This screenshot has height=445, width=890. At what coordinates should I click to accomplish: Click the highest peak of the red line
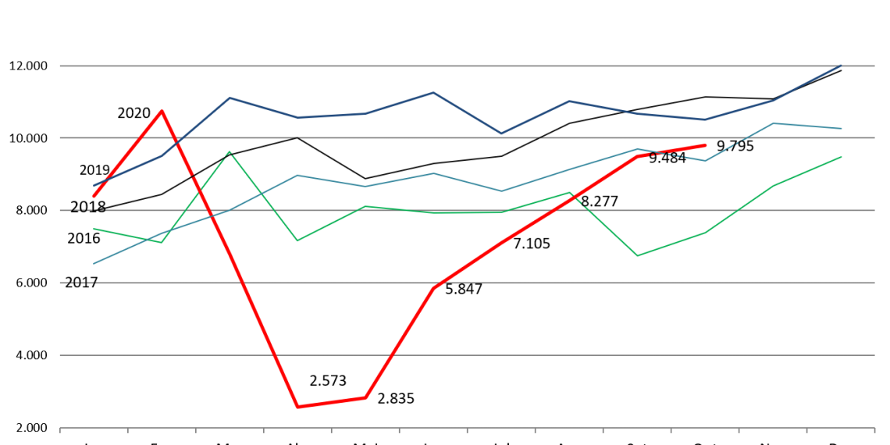click(x=162, y=111)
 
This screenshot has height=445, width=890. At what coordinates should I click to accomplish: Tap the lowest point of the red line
click(x=297, y=407)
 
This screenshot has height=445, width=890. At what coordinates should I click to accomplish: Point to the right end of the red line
click(x=705, y=145)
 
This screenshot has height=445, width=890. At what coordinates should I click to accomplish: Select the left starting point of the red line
click(x=94, y=196)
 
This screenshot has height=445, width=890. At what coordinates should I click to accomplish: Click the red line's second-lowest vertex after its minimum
click(x=365, y=398)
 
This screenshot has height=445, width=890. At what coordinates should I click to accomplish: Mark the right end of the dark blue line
click(x=842, y=66)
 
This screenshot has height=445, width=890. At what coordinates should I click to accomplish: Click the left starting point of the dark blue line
click(x=94, y=185)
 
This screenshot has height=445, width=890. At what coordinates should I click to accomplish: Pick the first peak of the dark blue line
click(x=230, y=98)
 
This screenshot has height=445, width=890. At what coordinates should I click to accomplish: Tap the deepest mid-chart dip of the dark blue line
click(x=501, y=133)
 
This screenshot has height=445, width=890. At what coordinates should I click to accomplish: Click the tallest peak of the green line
click(x=230, y=152)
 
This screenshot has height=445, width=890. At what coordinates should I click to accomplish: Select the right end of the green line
click(x=842, y=157)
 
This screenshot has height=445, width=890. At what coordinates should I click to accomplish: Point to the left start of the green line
click(x=94, y=229)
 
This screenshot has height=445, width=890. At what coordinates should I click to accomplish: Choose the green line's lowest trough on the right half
click(x=637, y=256)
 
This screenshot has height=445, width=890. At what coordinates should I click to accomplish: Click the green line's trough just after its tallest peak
click(x=297, y=240)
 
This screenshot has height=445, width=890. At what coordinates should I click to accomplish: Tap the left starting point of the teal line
click(x=94, y=263)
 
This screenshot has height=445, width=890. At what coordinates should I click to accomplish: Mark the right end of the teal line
click(x=842, y=128)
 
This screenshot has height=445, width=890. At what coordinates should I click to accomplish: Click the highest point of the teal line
click(x=773, y=123)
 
